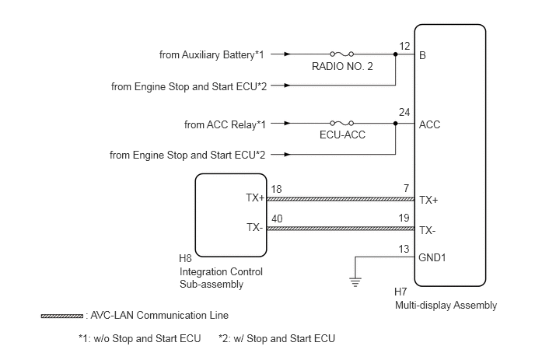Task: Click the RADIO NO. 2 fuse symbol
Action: coord(341,54)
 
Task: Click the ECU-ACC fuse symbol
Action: coord(341,123)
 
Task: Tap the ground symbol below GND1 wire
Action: coord(355,282)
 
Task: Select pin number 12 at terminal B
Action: coord(404,46)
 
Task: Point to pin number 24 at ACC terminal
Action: coord(404,112)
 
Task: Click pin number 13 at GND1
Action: coord(404,249)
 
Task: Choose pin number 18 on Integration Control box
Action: coord(276,190)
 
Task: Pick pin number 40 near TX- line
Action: coord(277,218)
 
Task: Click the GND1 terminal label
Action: coord(432,257)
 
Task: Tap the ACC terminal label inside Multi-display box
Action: coord(429,124)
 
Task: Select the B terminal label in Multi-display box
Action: coord(422,55)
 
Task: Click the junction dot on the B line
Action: coord(396,54)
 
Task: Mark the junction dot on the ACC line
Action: coord(396,123)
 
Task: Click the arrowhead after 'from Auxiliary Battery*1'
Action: coord(287,54)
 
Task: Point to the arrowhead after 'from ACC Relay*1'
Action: coord(287,123)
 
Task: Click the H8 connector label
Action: coord(185,259)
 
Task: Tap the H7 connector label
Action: coord(400,292)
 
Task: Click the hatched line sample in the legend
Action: coord(61,316)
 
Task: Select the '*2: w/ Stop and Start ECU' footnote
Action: coord(277,338)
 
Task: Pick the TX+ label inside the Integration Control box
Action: coord(255,198)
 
